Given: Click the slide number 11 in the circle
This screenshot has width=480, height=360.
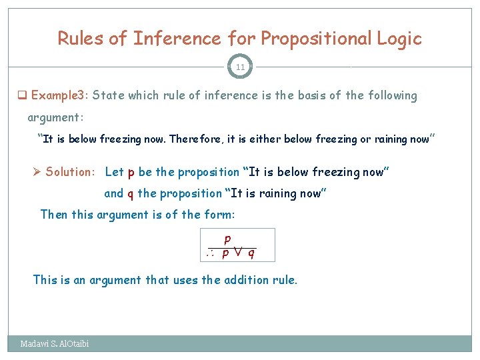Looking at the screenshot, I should (x=240, y=67).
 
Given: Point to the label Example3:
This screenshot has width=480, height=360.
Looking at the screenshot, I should (x=59, y=95).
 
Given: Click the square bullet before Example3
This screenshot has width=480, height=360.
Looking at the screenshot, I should (x=22, y=95).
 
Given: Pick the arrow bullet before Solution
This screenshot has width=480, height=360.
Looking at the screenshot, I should (x=38, y=172).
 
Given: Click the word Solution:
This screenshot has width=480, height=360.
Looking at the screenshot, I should (x=71, y=172).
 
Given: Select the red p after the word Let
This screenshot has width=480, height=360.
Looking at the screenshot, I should (x=131, y=172).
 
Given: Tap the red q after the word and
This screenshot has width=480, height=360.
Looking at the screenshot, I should (x=130, y=193).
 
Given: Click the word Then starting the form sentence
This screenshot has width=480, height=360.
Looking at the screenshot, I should (x=54, y=215).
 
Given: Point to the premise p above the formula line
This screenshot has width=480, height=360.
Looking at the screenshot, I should (x=228, y=239).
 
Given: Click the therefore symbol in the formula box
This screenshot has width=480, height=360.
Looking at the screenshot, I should (x=211, y=253).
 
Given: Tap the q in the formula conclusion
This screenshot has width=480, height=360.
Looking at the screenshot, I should (x=251, y=253).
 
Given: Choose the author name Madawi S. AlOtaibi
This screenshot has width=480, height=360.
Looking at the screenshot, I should (x=55, y=344).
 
